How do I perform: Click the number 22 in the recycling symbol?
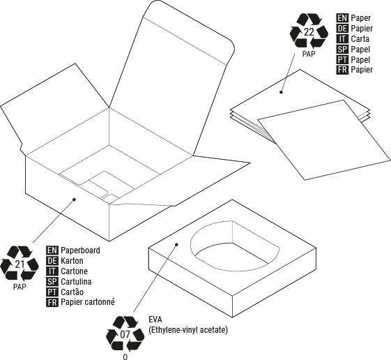pyautogui.click(x=309, y=32)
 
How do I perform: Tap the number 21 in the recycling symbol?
pyautogui.click(x=20, y=264)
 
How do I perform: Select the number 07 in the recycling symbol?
pyautogui.click(x=125, y=335)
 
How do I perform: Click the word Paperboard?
pyautogui.click(x=80, y=250)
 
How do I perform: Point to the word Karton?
pyautogui.click(x=72, y=261)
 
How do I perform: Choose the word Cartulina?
pyautogui.click(x=76, y=282)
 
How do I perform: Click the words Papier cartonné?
pyautogui.click(x=88, y=302)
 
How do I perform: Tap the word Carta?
pyautogui.click(x=360, y=38)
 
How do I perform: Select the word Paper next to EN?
pyautogui.click(x=360, y=18)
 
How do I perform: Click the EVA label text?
pyautogui.click(x=155, y=320)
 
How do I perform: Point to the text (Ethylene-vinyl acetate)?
pyautogui.click(x=188, y=330)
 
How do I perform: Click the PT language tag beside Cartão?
pyautogui.click(x=52, y=292)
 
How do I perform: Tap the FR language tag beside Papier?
pyautogui.click(x=342, y=70)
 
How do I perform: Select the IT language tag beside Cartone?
pyautogui.click(x=52, y=271)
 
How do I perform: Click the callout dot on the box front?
pyautogui.click(x=74, y=200)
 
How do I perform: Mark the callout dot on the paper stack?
pyautogui.click(x=281, y=92)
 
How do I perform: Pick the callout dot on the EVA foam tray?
pyautogui.click(x=176, y=244)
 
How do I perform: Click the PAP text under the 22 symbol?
pyautogui.click(x=309, y=54)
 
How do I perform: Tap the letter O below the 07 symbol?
pyautogui.click(x=125, y=357)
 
